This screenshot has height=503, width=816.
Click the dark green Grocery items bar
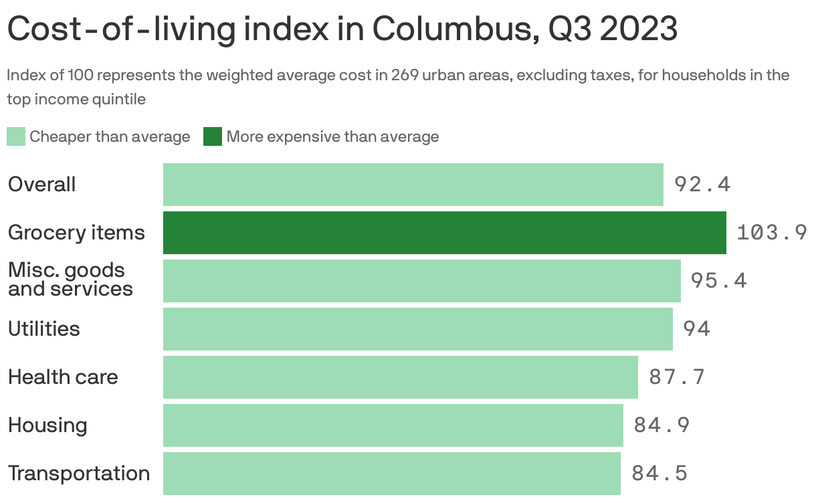tap(444, 233)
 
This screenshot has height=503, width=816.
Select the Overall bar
tap(413, 185)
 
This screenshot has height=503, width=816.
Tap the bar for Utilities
tap(418, 329)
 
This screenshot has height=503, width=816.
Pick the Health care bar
tap(401, 377)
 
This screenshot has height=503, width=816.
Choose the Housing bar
tap(393, 425)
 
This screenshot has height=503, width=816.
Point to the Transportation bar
tap(391, 474)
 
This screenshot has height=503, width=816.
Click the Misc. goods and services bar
tap(422, 281)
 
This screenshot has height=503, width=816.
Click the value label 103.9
tap(772, 232)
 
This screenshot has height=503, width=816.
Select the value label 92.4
tap(702, 185)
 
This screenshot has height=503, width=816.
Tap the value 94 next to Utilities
tap(696, 328)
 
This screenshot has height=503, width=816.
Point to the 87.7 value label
tap(677, 377)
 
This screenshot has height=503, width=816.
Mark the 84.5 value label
tap(659, 473)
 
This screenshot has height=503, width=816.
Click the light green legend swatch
tap(16, 136)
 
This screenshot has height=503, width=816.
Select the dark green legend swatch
tap(213, 136)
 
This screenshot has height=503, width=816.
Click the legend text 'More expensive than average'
tap(332, 137)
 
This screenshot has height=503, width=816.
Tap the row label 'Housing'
tap(47, 425)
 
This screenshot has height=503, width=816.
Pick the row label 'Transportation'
tap(79, 473)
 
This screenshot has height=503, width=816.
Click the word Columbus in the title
tap(455, 29)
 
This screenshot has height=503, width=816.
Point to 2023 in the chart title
tap(639, 29)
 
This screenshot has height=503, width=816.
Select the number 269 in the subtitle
tap(405, 76)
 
